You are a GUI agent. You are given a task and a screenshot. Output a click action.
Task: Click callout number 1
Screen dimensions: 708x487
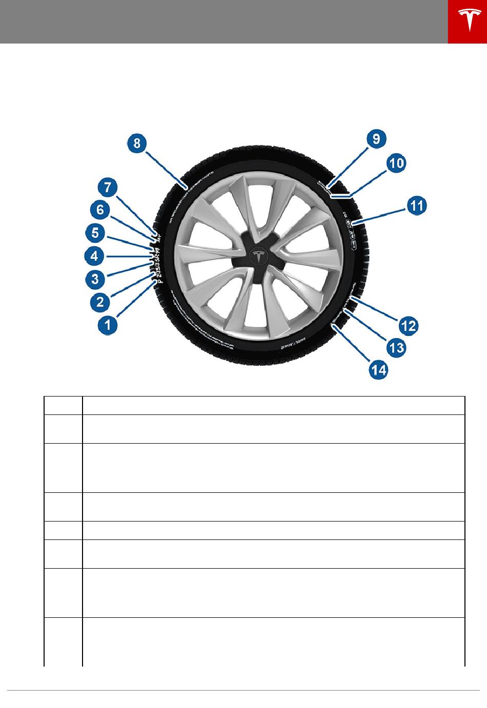(x=107, y=325)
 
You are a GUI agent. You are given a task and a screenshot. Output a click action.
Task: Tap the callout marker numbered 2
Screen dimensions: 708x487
(x=99, y=302)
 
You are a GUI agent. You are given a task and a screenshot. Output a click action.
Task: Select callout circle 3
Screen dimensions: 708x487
(x=95, y=279)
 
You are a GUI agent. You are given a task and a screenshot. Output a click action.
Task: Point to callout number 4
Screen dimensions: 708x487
(x=95, y=256)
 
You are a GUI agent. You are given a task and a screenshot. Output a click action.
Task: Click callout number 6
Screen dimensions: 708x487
(x=100, y=210)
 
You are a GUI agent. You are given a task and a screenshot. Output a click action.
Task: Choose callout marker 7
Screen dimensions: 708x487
(x=108, y=188)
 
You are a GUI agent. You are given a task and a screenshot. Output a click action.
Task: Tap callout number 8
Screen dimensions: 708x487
(x=137, y=143)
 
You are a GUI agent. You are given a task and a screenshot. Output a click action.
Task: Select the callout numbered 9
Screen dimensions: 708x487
(x=376, y=139)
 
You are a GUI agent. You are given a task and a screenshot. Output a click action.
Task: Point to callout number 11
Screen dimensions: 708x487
(x=417, y=206)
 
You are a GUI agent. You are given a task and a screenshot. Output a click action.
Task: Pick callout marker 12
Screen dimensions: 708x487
(x=409, y=325)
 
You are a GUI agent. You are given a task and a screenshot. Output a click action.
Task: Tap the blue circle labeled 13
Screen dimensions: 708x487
(x=396, y=348)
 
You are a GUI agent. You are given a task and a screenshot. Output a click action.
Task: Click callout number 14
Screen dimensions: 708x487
(x=379, y=370)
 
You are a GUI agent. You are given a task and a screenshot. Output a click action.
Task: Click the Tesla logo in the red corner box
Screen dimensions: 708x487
(x=467, y=22)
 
